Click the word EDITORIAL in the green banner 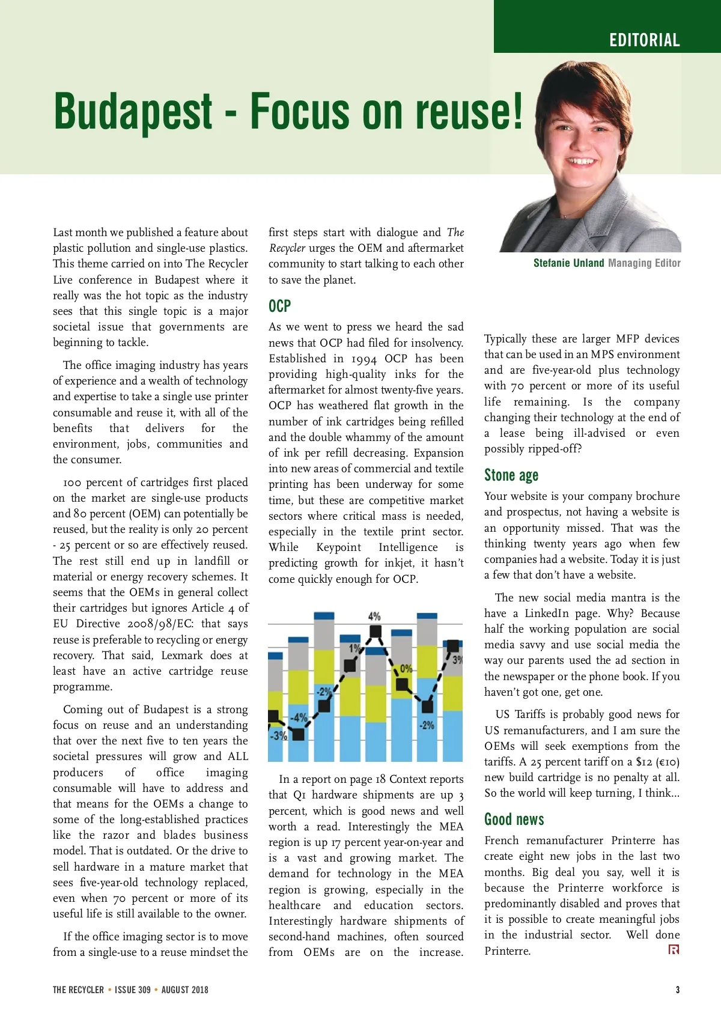[644, 40]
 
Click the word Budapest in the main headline [133, 111]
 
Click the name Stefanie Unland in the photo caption [568, 263]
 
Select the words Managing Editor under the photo [644, 263]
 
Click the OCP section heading [279, 306]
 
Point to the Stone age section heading [511, 475]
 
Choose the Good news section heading [514, 820]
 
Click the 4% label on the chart [374, 616]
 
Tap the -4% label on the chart [299, 717]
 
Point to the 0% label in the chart [406, 669]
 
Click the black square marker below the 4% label [375, 631]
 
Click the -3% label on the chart [278, 735]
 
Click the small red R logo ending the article [674, 949]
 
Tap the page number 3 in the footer [678, 990]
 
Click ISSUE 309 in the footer [133, 990]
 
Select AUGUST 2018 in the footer [184, 990]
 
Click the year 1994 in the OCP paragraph [364, 359]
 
